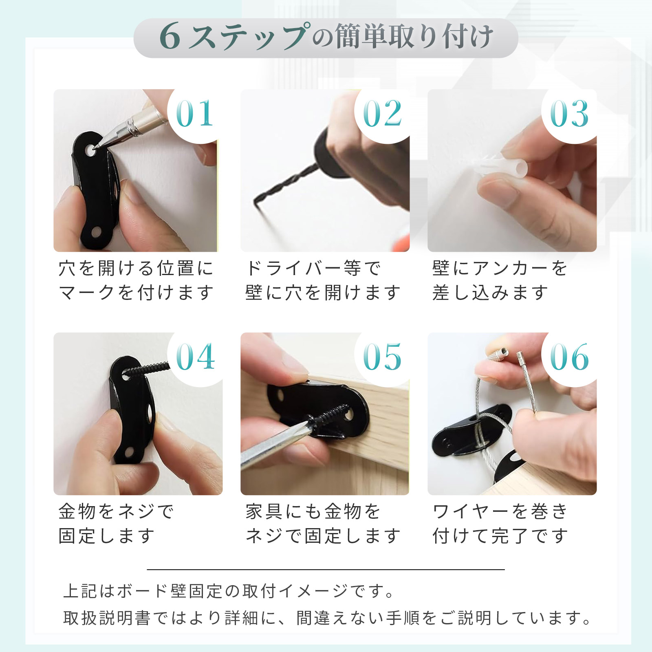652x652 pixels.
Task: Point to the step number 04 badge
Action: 195,357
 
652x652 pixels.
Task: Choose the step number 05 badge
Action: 382,357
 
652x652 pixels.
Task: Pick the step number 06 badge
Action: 569,357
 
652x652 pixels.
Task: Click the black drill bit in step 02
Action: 285,183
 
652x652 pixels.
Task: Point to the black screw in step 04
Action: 147,369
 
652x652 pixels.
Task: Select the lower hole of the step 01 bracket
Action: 97,232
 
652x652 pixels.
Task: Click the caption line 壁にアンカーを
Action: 500,269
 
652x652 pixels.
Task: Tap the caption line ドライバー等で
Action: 313,269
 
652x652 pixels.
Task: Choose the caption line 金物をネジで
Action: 116,512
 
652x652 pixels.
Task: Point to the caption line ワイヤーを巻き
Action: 500,512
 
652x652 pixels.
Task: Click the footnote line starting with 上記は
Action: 229,591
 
